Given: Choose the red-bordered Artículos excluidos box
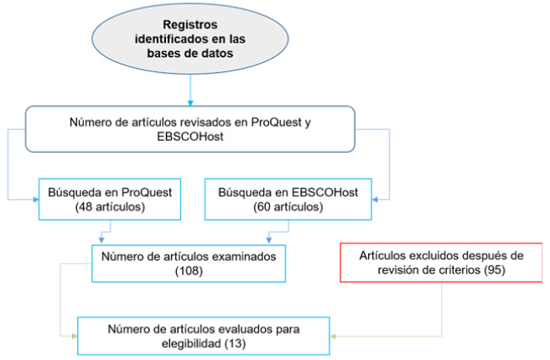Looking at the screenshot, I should pos(439,263).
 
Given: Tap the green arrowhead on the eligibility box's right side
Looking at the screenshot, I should pos(330,336).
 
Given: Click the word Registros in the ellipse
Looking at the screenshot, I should pos(191,23).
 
